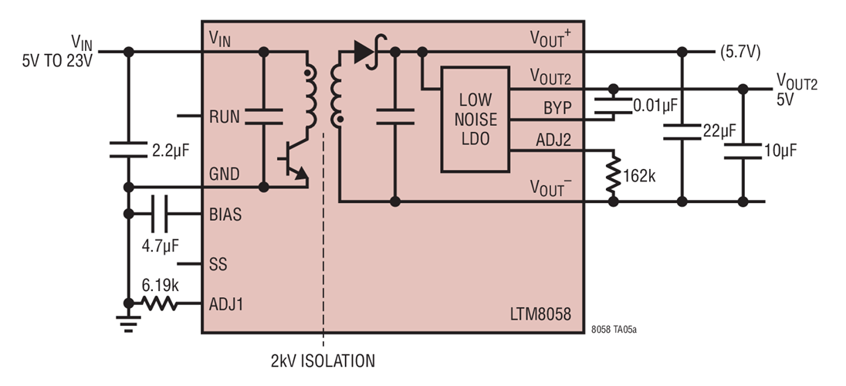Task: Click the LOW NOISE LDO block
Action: (x=475, y=120)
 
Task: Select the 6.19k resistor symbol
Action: (x=164, y=303)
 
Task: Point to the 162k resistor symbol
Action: (x=614, y=174)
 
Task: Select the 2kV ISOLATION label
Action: (x=323, y=361)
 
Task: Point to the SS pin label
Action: (x=218, y=264)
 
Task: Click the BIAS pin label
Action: (x=225, y=215)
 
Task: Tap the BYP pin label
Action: (x=557, y=108)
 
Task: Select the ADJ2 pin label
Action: (x=553, y=141)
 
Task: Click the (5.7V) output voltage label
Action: (x=740, y=52)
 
